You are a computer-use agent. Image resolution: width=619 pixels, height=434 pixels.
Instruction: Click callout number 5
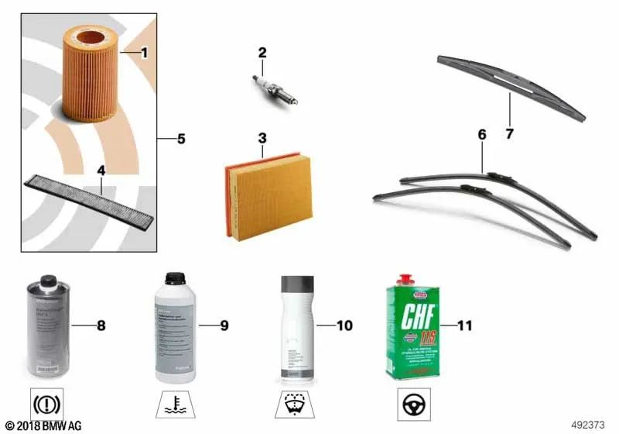[181, 139]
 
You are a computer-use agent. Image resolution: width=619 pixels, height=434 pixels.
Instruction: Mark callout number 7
[509, 134]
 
